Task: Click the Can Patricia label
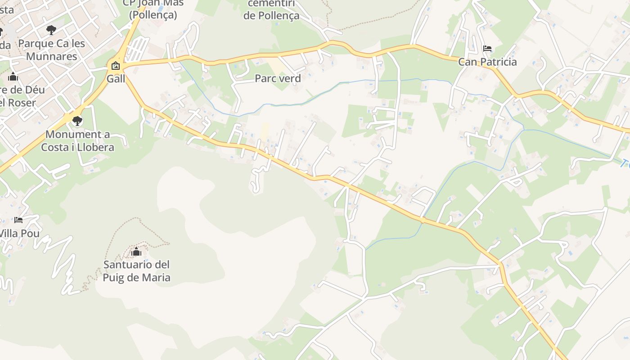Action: point(487,62)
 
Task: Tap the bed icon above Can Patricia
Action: point(487,48)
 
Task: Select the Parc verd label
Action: point(278,78)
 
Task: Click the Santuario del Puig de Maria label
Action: point(136,270)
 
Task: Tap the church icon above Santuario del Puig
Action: point(136,252)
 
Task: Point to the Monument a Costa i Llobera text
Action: point(77,140)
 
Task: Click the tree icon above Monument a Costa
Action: point(77,121)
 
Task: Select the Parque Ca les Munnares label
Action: point(51,49)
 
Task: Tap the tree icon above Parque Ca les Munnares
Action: point(51,30)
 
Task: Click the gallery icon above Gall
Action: point(116,66)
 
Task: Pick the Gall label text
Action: point(116,79)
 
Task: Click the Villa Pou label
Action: point(19,234)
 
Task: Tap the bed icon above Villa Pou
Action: point(18,220)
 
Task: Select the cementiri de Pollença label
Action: point(271,10)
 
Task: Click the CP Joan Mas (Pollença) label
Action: point(153,9)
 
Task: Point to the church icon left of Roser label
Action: point(13,76)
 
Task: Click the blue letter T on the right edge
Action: point(624,163)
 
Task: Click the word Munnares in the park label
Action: point(51,56)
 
